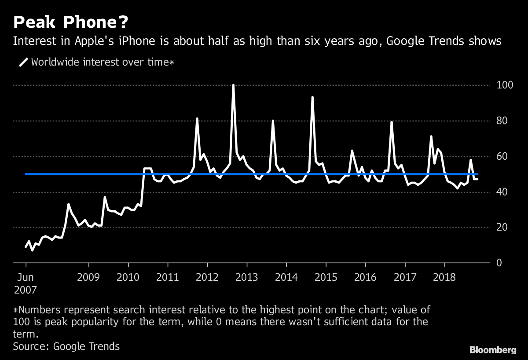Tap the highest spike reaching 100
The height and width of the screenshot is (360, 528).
(233, 85)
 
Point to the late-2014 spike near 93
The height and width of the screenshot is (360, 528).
(312, 97)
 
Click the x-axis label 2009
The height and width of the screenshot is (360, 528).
(89, 278)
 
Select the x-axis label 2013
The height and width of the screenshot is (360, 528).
(247, 278)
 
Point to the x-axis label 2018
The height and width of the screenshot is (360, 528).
(444, 278)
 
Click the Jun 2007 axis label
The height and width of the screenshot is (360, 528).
(26, 284)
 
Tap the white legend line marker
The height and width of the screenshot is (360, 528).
(23, 62)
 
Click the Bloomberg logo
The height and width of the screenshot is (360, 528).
(492, 350)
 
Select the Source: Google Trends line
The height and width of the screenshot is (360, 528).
(66, 346)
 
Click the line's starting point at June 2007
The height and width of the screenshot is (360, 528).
(26, 247)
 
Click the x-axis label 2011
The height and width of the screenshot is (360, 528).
(168, 278)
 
